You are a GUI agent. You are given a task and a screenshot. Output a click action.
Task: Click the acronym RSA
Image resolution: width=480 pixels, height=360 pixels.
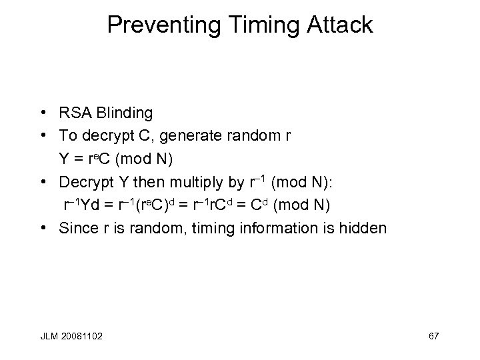click(73, 113)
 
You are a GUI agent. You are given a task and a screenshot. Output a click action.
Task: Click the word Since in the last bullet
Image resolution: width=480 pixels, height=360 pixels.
click(77, 229)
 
